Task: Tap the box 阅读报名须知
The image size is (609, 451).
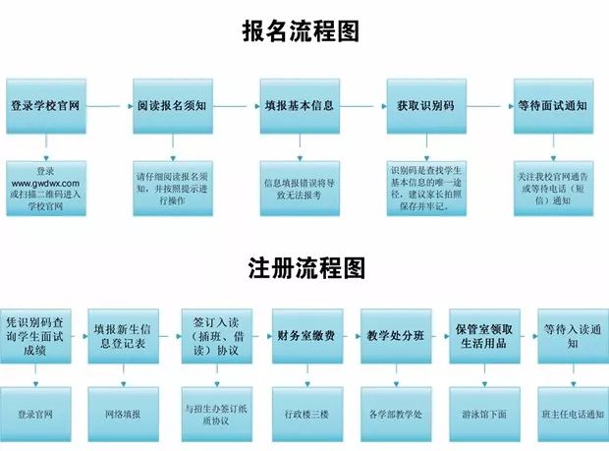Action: point(172,105)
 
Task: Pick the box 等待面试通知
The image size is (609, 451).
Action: point(552,105)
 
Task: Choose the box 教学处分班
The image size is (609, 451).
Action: point(395,335)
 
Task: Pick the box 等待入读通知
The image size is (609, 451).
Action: point(571,335)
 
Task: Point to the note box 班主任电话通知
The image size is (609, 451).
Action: point(571,414)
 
